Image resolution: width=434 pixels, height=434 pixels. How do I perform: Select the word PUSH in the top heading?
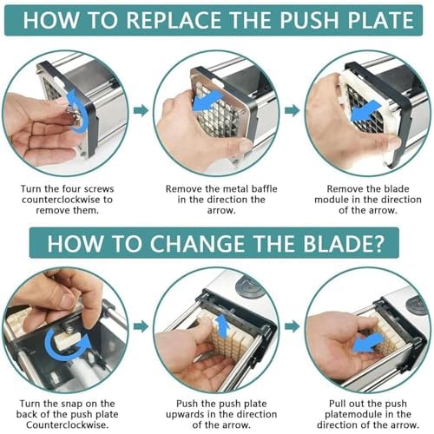coord(309,20)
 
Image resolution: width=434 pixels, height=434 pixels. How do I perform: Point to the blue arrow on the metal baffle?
coord(207,101)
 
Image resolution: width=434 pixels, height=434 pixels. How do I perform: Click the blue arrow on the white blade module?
coord(365,110)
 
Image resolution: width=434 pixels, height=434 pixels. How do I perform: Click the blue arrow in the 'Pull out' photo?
coord(368,342)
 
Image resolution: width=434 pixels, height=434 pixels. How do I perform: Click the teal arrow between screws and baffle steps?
coord(141,110)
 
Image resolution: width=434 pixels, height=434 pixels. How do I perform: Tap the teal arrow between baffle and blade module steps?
coord(292,110)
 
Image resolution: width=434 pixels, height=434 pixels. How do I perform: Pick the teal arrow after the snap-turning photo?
coord(141,326)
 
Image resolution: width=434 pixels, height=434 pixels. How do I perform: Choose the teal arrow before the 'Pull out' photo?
coord(292,326)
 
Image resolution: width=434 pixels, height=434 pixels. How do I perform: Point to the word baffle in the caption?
coord(264,189)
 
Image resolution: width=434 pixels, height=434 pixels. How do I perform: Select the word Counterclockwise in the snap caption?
coord(68,425)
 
